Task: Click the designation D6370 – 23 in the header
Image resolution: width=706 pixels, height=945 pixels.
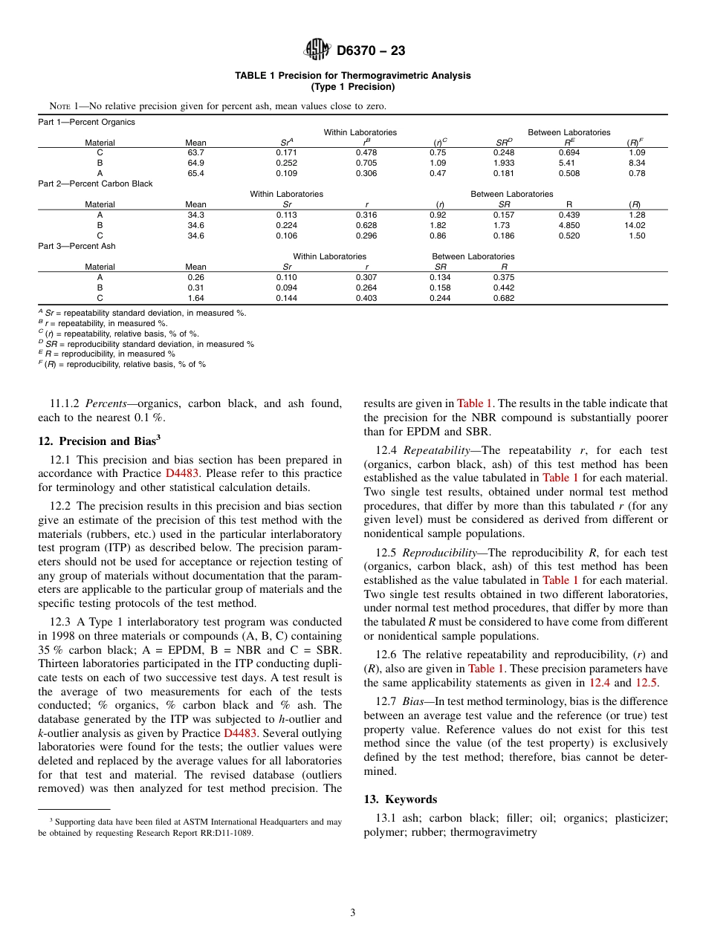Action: (x=370, y=51)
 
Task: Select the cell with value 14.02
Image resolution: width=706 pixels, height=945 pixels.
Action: (x=637, y=225)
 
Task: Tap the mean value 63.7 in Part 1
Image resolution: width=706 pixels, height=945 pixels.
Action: (x=195, y=152)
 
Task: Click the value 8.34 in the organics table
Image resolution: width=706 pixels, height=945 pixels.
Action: (x=637, y=163)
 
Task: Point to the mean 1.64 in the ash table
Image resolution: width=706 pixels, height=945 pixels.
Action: (x=195, y=298)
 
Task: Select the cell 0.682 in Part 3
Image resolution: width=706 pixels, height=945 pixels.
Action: (x=504, y=298)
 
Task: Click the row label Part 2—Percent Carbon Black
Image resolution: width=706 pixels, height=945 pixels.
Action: (x=95, y=184)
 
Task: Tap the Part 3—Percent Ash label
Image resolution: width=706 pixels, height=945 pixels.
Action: (x=77, y=246)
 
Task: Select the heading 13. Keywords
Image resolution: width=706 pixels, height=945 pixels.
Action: (x=400, y=799)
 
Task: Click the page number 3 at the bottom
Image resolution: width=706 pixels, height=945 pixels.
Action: (x=353, y=913)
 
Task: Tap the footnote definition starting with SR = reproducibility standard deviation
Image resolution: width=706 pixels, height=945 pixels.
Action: (x=149, y=344)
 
